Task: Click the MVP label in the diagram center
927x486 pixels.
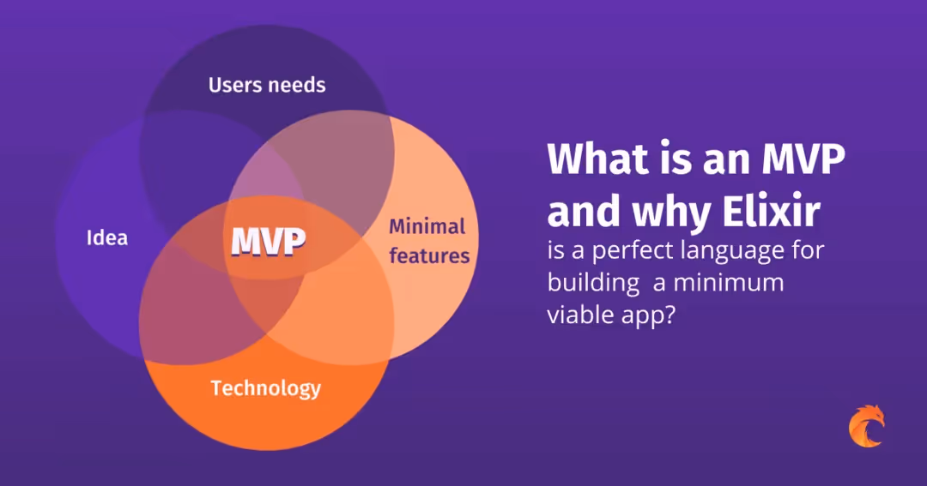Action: point(269,243)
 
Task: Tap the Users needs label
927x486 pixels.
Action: point(267,85)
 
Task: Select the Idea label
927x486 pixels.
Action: point(107,237)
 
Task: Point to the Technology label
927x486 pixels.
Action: point(266,388)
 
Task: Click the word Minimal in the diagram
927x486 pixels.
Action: point(427,227)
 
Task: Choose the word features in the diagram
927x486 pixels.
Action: point(429,255)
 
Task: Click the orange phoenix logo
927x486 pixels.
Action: point(865,426)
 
